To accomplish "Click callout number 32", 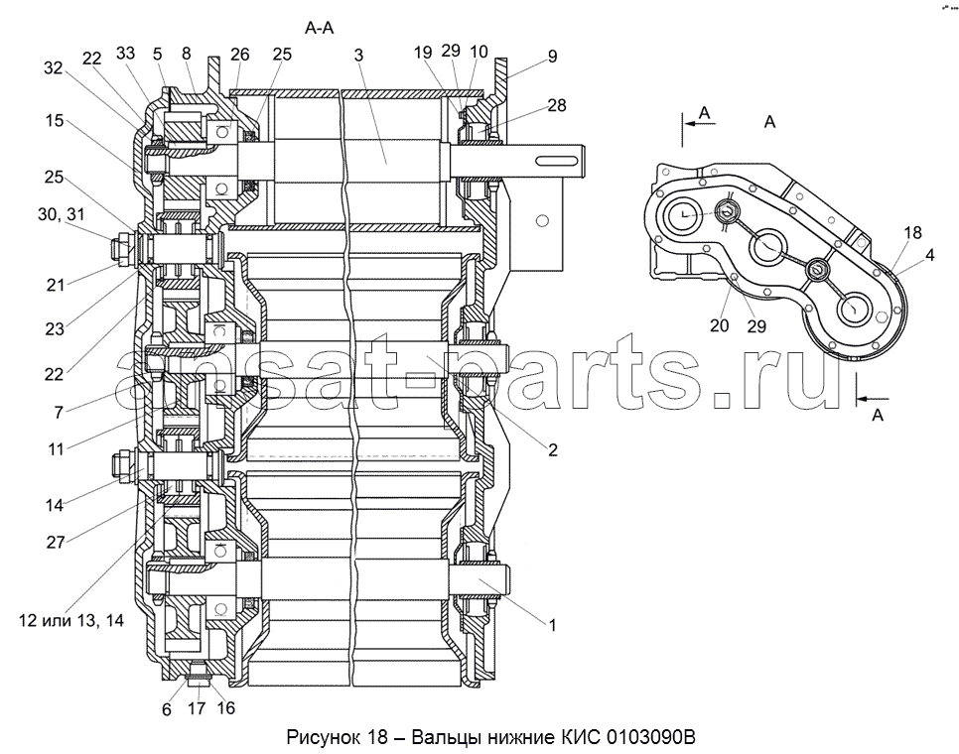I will pos(53,67).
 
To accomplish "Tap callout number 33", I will pos(127,53).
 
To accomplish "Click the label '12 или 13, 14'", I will pos(69,620).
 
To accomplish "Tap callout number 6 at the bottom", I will pos(167,710).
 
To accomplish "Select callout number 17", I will pos(198,710).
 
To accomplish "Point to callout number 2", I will pos(552,450).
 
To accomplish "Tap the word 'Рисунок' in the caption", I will pos(321,738).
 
